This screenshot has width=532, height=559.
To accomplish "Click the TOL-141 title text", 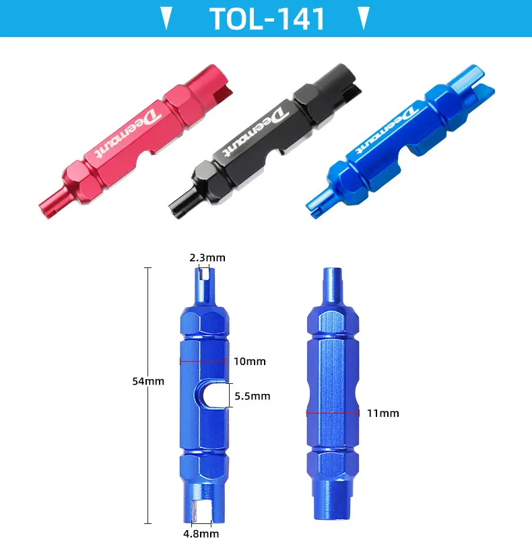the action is (267, 19).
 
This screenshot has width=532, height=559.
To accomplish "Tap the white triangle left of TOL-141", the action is (166, 18).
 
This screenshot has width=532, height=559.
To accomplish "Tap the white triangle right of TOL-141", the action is (364, 18).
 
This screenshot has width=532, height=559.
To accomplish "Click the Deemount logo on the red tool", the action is (127, 133).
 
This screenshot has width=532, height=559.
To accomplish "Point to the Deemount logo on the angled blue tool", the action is (387, 130).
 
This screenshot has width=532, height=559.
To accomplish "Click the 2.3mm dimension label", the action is (207, 258).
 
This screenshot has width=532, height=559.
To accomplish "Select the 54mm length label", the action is (148, 381).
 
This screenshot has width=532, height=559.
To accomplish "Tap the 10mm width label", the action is (250, 362).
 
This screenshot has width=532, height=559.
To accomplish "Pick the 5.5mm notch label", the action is (253, 396).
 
